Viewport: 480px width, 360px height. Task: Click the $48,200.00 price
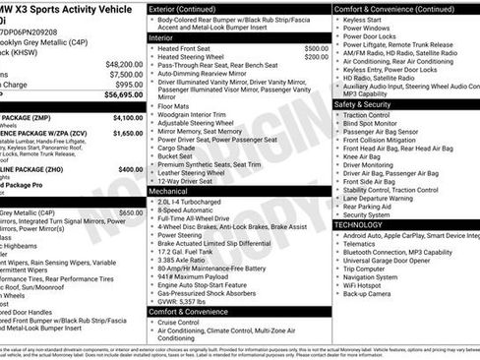tap(124, 62)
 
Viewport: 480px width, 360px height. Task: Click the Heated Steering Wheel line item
tap(194, 57)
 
